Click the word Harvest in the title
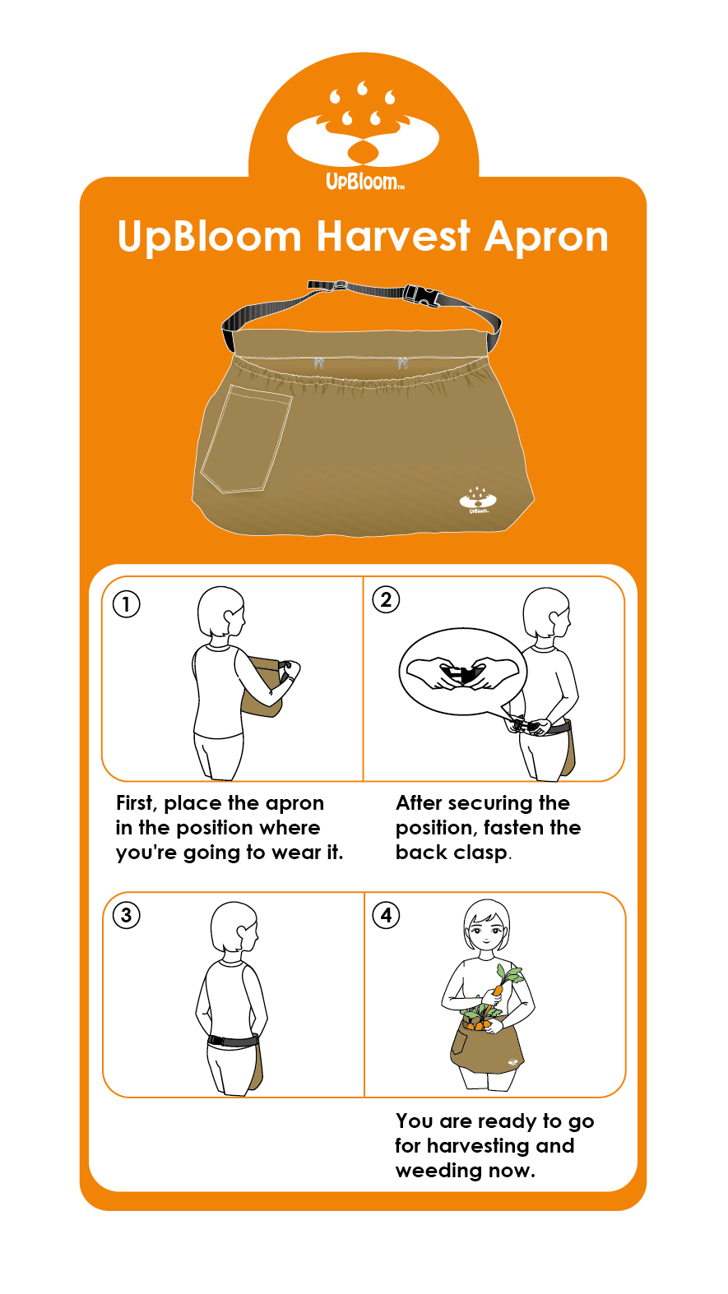pyautogui.click(x=392, y=236)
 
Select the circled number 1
pyautogui.click(x=126, y=604)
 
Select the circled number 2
pyautogui.click(x=386, y=599)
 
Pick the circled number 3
pyautogui.click(x=126, y=915)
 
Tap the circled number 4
pyautogui.click(x=386, y=915)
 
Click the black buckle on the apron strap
pyautogui.click(x=421, y=294)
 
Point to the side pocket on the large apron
pyautogui.click(x=246, y=439)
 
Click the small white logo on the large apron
pyautogui.click(x=478, y=501)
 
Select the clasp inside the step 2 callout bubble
pyautogui.click(x=462, y=673)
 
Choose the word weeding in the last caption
pyautogui.click(x=438, y=1171)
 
